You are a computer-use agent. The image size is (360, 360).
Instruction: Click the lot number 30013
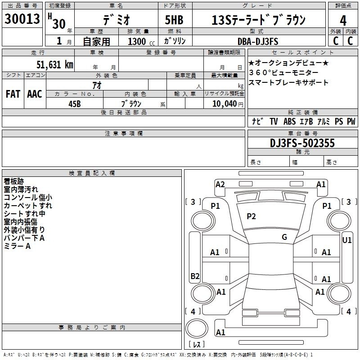click(22, 19)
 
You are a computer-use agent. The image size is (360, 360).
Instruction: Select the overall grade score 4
click(343, 21)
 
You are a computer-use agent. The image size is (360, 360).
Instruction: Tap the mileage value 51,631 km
click(55, 65)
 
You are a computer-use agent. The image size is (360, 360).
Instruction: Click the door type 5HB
click(174, 20)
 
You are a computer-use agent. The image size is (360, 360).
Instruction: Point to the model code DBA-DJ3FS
click(258, 41)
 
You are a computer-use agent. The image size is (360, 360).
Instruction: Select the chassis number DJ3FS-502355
click(302, 143)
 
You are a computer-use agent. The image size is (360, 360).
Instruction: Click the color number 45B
click(75, 104)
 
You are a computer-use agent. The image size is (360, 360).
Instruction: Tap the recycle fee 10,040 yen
click(228, 104)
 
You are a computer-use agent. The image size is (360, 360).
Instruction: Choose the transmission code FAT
click(13, 94)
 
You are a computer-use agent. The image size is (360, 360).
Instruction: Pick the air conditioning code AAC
click(35, 94)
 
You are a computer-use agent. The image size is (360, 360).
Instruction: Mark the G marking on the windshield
click(284, 237)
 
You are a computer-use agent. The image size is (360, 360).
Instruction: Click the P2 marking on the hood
click(251, 216)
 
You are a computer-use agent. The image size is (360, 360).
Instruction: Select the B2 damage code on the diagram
click(195, 276)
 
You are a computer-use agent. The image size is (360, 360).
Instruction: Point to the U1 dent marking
click(347, 240)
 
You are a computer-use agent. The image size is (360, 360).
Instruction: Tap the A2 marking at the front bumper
click(220, 184)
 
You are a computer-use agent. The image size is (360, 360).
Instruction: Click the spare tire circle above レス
click(197, 328)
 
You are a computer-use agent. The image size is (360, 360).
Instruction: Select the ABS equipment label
click(289, 121)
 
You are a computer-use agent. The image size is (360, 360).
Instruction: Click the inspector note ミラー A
click(17, 246)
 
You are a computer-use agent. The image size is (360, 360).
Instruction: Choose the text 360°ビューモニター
click(283, 72)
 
